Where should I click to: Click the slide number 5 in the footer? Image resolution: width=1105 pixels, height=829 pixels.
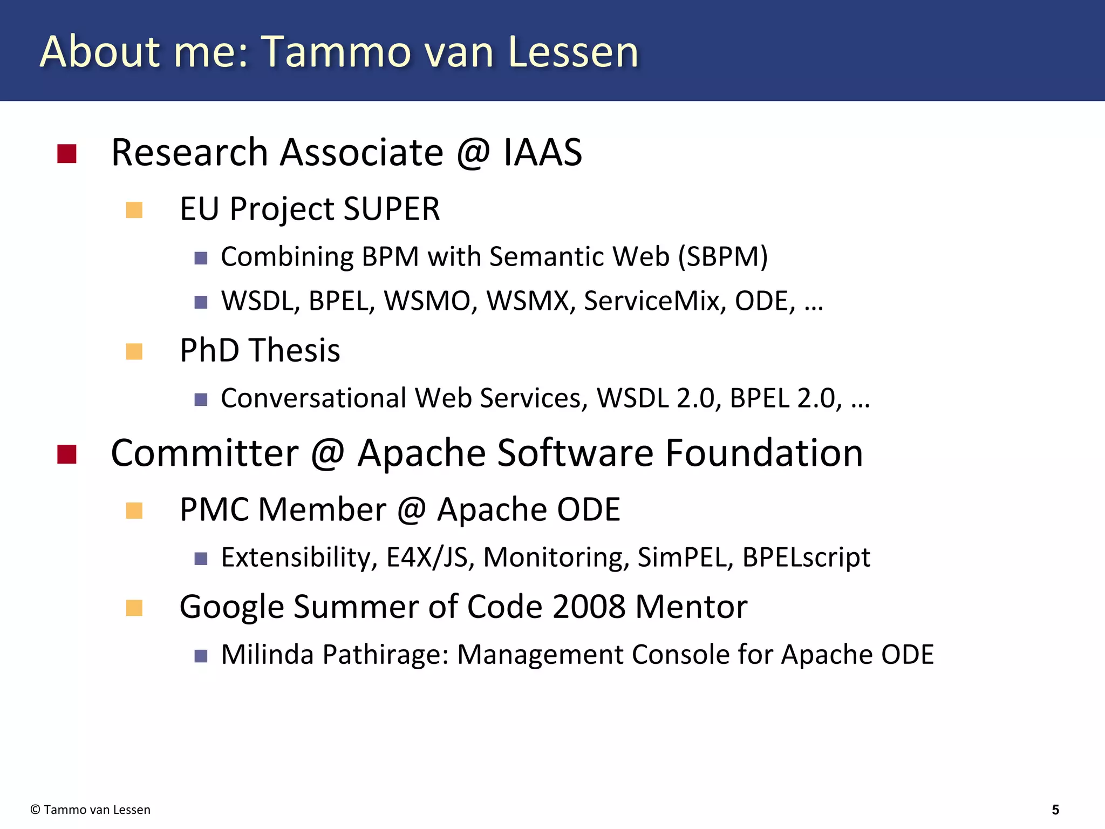click(1055, 810)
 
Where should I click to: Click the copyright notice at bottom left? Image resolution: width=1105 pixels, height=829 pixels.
click(91, 810)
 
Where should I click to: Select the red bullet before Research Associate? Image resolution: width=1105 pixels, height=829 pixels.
click(67, 154)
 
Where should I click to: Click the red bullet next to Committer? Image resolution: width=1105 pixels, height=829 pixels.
click(67, 454)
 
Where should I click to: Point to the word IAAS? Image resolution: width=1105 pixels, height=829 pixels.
click(542, 153)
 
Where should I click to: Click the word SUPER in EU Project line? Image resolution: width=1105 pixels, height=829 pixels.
click(392, 209)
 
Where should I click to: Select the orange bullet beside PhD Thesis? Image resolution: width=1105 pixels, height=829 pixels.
click(134, 351)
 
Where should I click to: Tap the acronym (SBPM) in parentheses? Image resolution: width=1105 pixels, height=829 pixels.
click(723, 257)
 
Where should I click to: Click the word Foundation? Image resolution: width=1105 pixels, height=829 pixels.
click(763, 453)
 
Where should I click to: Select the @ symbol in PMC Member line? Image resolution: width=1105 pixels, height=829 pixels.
click(412, 509)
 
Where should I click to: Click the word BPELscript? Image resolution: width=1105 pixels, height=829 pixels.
click(806, 558)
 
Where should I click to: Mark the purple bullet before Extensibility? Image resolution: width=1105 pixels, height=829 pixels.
click(201, 559)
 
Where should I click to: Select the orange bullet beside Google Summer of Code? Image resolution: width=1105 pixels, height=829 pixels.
click(134, 608)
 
